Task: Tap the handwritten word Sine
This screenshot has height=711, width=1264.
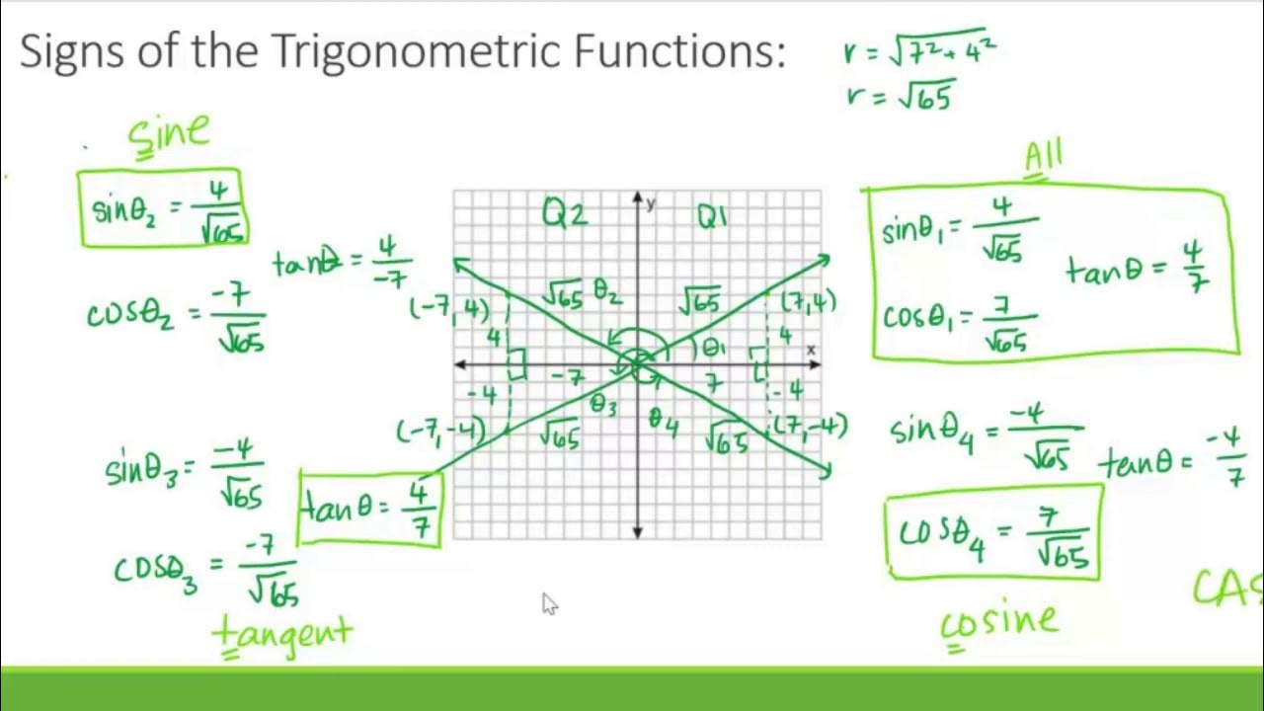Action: tap(169, 134)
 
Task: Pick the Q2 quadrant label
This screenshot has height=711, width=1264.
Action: tap(565, 214)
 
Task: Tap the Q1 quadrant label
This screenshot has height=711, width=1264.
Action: tap(712, 216)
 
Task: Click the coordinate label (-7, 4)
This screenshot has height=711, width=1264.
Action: tap(449, 309)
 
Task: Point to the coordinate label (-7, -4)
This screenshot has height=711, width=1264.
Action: tap(440, 432)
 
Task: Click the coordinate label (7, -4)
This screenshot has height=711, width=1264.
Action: tap(810, 428)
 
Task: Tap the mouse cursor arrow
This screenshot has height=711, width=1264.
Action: tap(549, 604)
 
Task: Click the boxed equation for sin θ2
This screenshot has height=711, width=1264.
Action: tap(162, 209)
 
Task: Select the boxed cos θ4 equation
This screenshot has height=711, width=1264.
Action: tap(994, 532)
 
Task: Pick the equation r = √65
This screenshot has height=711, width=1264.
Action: tap(900, 96)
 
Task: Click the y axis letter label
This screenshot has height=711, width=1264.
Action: tap(651, 203)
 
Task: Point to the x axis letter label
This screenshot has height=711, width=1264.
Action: tap(811, 350)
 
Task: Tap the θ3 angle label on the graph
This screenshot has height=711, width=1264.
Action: tap(603, 404)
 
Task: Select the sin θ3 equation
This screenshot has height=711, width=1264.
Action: tap(185, 472)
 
